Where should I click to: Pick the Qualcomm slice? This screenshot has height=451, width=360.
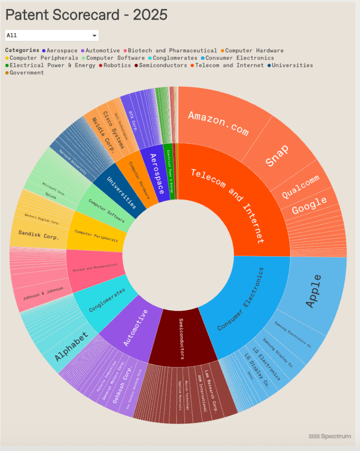coord(301,188)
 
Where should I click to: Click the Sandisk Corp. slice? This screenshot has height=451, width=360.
coord(39,236)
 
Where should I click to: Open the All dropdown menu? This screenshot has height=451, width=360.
coord(52,35)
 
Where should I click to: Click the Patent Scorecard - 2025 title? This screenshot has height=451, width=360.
coord(86,15)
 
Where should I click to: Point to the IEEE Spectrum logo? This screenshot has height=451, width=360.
coord(330,436)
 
